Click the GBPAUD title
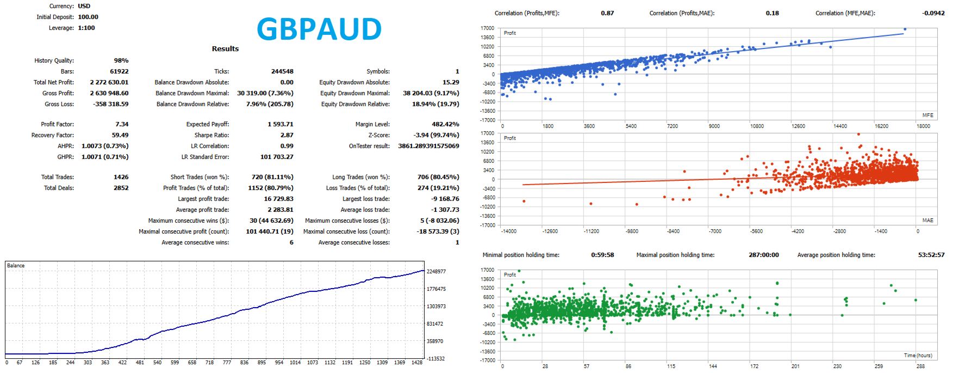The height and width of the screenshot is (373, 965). pyautogui.click(x=319, y=29)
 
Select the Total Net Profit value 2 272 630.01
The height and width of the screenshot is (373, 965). pyautogui.click(x=109, y=82)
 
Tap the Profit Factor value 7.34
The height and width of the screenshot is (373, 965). pyautogui.click(x=122, y=124)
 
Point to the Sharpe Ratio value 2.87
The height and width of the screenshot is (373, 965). pyautogui.click(x=287, y=135)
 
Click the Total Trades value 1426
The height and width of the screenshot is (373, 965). pyautogui.click(x=121, y=177)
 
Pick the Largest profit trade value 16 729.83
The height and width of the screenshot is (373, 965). pyautogui.click(x=279, y=199)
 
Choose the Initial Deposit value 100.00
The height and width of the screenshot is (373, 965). pyautogui.click(x=88, y=17)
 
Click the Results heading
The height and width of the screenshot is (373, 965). pyautogui.click(x=225, y=48)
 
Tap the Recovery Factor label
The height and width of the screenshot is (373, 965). pyautogui.click(x=53, y=135)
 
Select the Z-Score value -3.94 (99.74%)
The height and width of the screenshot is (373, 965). pyautogui.click(x=436, y=135)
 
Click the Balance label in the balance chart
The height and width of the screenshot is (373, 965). pyautogui.click(x=16, y=266)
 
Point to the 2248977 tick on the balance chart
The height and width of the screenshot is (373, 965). pyautogui.click(x=436, y=271)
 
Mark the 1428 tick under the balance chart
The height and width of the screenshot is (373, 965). pyautogui.click(x=417, y=363)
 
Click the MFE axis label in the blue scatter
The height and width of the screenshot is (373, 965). pyautogui.click(x=928, y=115)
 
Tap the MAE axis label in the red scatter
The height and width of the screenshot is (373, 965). pyautogui.click(x=928, y=221)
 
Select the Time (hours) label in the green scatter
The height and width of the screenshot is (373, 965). pyautogui.click(x=918, y=356)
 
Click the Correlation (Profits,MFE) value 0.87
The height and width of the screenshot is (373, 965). pyautogui.click(x=607, y=13)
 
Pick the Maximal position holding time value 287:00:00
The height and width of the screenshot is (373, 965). pyautogui.click(x=764, y=255)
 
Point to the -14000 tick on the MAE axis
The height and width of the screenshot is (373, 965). pyautogui.click(x=508, y=231)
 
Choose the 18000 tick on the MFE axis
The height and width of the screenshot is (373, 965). pyautogui.click(x=923, y=126)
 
